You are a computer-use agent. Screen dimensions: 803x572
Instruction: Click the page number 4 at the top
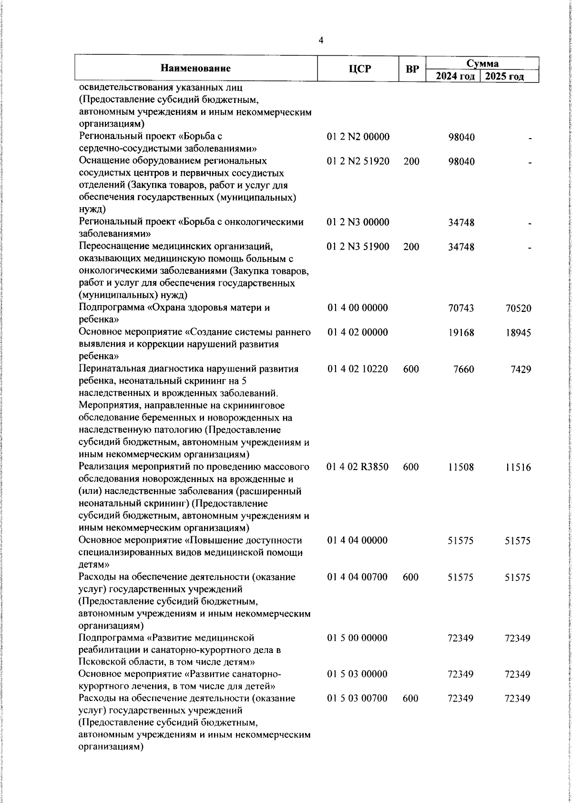(x=320, y=41)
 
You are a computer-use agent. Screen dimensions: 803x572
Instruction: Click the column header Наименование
(x=195, y=69)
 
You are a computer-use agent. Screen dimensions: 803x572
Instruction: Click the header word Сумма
(x=482, y=63)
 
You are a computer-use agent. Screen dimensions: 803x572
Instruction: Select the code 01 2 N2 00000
(x=358, y=137)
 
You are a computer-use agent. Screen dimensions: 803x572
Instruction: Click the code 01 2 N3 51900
(x=358, y=247)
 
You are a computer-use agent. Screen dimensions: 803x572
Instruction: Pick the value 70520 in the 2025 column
(x=518, y=309)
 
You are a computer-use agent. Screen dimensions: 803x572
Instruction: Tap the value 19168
(x=461, y=333)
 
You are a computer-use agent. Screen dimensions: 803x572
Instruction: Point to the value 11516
(x=518, y=468)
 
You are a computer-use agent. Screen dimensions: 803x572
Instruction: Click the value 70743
(x=461, y=309)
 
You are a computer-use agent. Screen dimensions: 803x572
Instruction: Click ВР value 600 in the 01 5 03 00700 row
(x=410, y=699)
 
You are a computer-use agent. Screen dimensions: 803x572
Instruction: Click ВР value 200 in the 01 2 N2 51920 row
(x=411, y=161)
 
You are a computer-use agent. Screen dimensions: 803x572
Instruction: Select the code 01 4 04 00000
(x=358, y=541)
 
